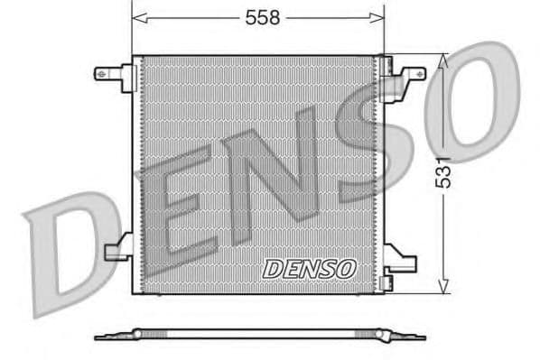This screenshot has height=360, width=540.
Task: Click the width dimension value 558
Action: point(259,17)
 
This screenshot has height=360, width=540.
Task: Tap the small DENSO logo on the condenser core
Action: point(310,269)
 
